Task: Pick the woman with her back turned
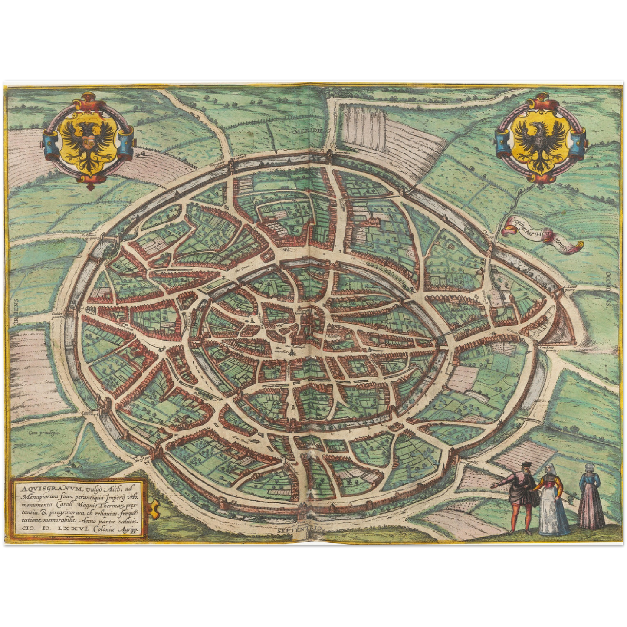tap(591, 495)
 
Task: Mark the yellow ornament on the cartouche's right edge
tap(152, 507)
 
